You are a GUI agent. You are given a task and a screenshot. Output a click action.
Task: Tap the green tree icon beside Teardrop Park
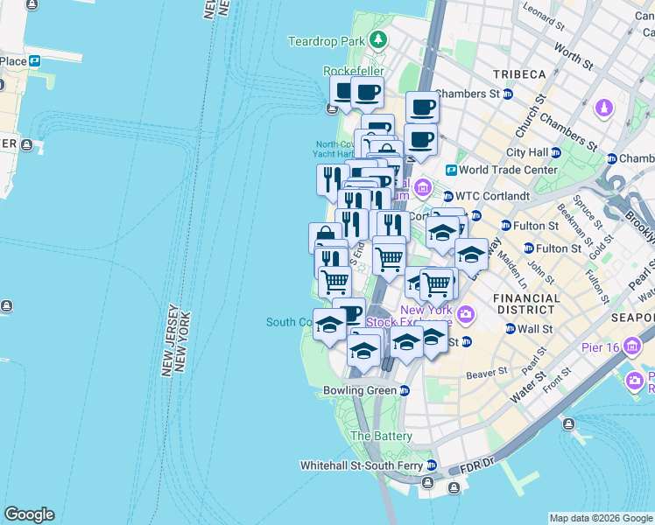[x=377, y=39]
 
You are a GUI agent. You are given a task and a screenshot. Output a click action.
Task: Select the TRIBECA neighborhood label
[x=519, y=74]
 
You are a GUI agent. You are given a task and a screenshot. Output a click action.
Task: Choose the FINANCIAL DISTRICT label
[x=526, y=304]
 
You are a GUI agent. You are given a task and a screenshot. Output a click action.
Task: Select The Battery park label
[x=381, y=436]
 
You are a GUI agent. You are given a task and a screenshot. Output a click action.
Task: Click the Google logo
[x=29, y=514]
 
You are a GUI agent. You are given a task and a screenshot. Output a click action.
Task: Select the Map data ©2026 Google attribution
[x=601, y=518]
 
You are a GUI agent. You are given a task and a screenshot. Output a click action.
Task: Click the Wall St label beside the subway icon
[x=539, y=329]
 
